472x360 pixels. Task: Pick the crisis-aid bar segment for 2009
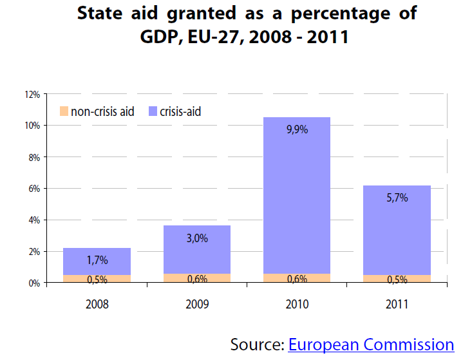[x=196, y=254]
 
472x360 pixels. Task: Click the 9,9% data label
[x=297, y=129]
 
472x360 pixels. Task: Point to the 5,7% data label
[x=397, y=198]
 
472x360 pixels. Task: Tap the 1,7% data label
[x=97, y=260]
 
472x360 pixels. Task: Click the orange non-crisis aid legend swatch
[x=63, y=111]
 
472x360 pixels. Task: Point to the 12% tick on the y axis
[x=32, y=94]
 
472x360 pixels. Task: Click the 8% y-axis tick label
[x=33, y=157]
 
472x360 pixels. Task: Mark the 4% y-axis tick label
[x=33, y=220]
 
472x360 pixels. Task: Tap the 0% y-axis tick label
[x=33, y=283]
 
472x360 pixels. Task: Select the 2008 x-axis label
[x=97, y=304]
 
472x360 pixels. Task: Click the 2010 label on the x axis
[x=297, y=304]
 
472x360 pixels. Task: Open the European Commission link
[x=371, y=345]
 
